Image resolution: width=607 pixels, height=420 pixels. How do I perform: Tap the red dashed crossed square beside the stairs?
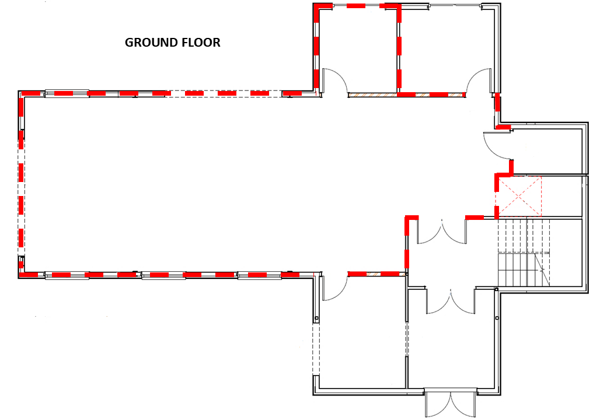tap(519, 196)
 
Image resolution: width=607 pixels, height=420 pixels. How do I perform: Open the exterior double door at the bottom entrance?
tap(450, 404)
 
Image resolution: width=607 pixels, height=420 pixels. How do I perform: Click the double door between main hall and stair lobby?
tap(442, 232)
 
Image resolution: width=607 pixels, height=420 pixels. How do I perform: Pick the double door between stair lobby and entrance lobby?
tap(451, 301)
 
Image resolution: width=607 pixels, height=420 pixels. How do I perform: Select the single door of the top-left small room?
tap(335, 81)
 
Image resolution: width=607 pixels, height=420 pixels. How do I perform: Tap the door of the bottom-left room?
tap(335, 288)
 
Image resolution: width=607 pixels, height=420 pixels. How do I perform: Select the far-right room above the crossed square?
tap(548, 151)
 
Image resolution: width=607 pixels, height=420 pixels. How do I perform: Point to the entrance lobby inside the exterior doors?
tap(451, 348)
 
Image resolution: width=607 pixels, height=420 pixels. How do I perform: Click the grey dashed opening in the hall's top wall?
tap(225, 93)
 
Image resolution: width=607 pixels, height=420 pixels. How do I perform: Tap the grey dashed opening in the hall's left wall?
tap(21, 192)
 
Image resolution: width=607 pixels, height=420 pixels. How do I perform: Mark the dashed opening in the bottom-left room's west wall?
tap(316, 349)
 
